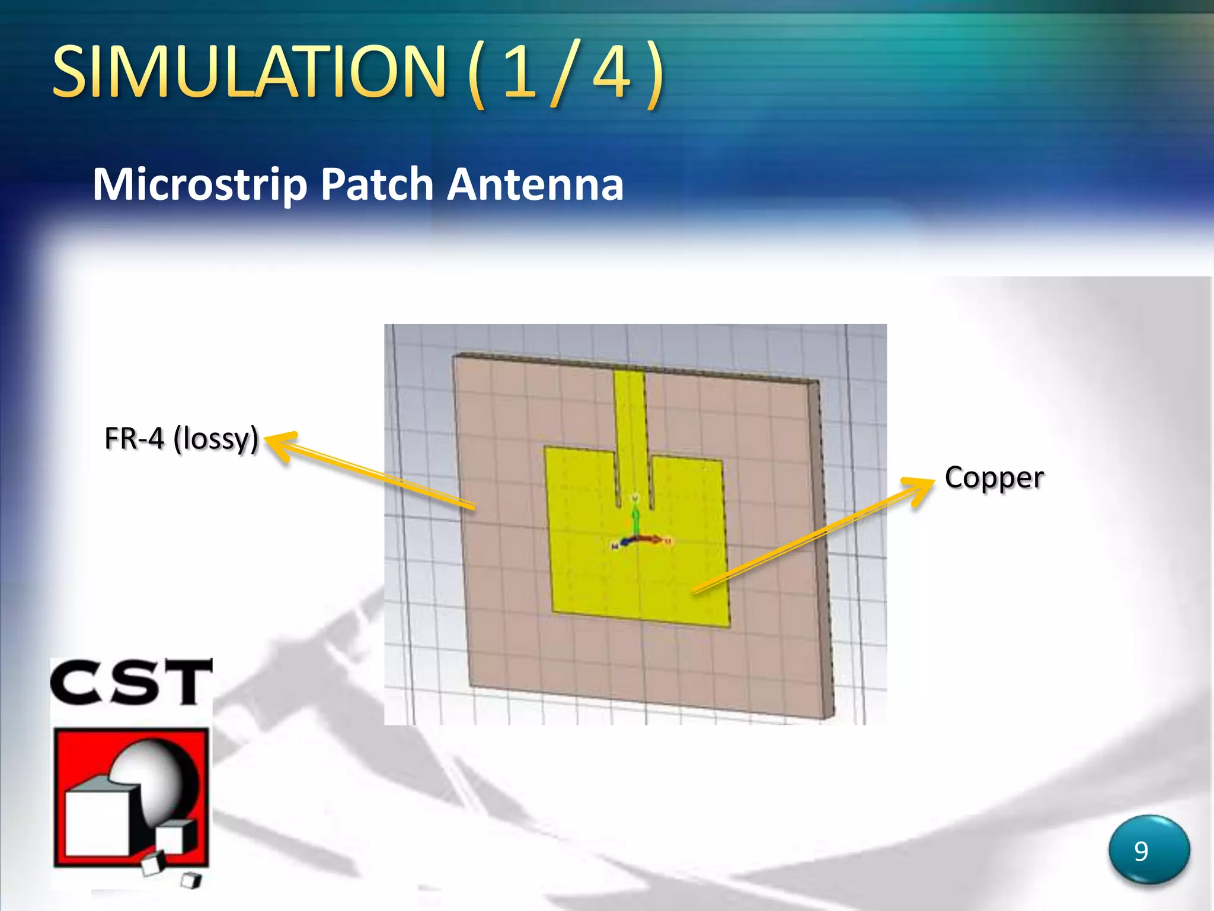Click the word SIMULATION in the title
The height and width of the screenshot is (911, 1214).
(249, 72)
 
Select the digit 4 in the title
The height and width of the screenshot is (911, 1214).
(612, 72)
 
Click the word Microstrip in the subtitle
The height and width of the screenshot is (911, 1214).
(200, 184)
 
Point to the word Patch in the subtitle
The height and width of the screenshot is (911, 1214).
(378, 184)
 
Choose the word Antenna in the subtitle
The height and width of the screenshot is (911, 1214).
(535, 184)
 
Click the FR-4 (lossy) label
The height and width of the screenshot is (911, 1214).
(181, 439)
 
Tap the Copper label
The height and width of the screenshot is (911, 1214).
(994, 478)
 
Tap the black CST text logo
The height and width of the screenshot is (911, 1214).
(131, 683)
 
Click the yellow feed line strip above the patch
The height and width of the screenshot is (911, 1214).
(630, 415)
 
